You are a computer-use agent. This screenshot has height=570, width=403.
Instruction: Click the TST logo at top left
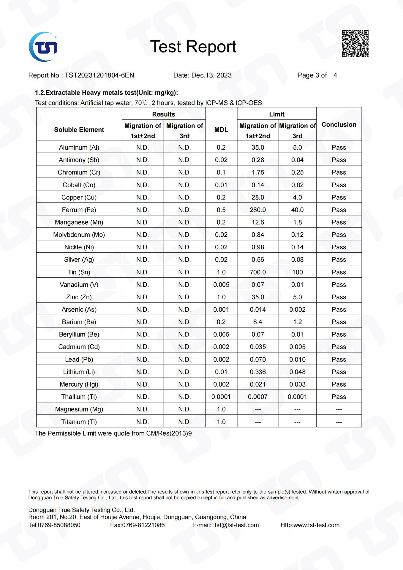point(43,47)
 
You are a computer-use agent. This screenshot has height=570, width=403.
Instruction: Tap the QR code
point(355,43)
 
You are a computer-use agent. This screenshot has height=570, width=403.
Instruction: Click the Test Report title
point(193,47)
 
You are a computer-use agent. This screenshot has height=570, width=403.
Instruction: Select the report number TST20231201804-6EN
point(99,75)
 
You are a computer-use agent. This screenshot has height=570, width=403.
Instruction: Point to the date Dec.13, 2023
point(211,75)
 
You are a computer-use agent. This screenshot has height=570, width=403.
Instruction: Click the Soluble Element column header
point(79,130)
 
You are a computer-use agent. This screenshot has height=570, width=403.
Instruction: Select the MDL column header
point(221,130)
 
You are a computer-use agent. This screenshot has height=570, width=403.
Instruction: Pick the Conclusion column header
point(339,125)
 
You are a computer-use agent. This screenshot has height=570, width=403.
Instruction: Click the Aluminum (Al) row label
point(79,148)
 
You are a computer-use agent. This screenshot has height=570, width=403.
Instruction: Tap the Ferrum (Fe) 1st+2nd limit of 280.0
point(258,210)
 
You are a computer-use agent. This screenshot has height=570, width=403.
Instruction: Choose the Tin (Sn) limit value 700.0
point(258,272)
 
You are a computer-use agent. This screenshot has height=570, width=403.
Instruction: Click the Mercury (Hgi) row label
point(79,384)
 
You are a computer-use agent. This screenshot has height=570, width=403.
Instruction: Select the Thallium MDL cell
point(221,397)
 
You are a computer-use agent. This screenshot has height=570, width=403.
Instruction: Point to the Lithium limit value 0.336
point(258,372)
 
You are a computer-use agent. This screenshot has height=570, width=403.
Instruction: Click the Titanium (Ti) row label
point(79,422)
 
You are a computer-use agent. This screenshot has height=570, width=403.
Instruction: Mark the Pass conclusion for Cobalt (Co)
point(339,185)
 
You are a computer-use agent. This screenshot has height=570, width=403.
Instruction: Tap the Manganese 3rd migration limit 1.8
point(297,222)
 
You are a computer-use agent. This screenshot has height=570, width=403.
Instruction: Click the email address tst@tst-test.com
point(237,525)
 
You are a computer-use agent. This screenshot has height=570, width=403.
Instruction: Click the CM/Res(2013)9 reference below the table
point(169,433)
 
